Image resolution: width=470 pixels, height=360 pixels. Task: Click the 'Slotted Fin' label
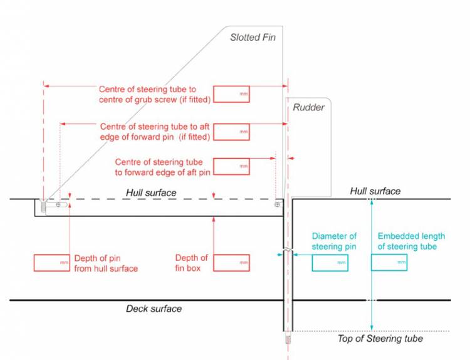click(x=253, y=38)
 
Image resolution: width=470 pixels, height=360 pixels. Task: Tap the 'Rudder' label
click(x=308, y=107)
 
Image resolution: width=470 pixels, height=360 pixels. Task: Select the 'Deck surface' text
click(x=154, y=309)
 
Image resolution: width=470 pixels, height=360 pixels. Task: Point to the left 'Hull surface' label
click(x=151, y=192)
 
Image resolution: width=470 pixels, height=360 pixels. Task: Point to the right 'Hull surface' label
click(x=375, y=191)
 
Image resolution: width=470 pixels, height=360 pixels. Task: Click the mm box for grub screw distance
click(x=231, y=94)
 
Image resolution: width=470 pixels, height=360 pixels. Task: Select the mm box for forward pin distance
click(x=231, y=132)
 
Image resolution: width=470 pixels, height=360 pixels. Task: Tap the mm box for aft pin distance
click(x=231, y=166)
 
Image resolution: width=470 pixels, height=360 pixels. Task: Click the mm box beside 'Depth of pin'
click(x=51, y=263)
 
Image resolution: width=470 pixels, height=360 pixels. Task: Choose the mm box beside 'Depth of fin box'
click(x=231, y=263)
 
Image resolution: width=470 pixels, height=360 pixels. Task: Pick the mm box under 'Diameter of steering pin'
click(x=330, y=263)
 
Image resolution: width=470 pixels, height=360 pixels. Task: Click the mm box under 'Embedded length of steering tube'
click(x=389, y=263)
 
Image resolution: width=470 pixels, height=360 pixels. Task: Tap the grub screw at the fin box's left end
click(x=43, y=205)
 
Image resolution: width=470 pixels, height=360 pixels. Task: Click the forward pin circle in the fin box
click(x=58, y=204)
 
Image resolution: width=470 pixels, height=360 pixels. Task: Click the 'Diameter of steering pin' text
click(x=334, y=241)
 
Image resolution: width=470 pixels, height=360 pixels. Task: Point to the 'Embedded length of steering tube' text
click(x=411, y=241)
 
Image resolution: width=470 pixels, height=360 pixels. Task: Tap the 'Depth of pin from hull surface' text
click(x=106, y=263)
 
